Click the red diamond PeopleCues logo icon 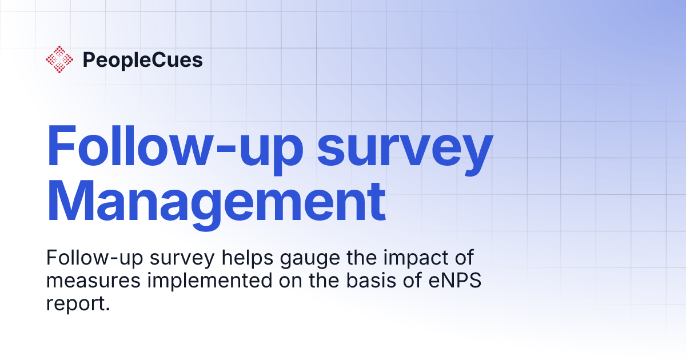(60, 59)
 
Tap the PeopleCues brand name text (142, 60)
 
